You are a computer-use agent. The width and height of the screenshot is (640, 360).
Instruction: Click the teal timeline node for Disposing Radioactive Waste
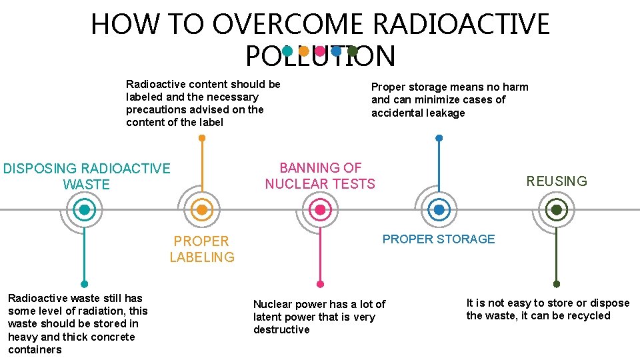click(x=85, y=210)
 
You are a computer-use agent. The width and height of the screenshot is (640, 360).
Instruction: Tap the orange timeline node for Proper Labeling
click(x=202, y=210)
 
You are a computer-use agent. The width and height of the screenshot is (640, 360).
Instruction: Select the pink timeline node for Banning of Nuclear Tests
click(x=320, y=210)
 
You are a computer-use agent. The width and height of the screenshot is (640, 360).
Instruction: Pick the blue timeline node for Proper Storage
click(x=439, y=210)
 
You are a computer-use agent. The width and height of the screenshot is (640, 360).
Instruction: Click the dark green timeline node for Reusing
click(x=557, y=210)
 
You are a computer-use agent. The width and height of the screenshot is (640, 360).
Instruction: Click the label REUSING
click(x=557, y=181)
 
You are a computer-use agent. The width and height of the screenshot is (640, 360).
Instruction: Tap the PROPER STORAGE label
click(x=439, y=239)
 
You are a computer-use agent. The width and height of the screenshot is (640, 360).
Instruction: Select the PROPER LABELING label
click(x=202, y=249)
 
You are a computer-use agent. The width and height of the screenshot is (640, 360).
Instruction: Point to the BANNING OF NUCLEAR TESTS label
click(x=320, y=176)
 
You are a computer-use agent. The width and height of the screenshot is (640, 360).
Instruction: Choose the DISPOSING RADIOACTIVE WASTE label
click(x=87, y=176)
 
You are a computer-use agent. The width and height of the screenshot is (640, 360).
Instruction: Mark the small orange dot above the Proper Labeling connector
click(x=202, y=139)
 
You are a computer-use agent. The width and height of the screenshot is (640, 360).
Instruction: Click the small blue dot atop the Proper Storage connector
click(x=439, y=138)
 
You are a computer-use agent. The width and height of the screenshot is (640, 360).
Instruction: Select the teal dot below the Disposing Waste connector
click(x=85, y=283)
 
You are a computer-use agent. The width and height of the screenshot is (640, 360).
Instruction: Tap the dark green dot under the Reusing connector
click(x=557, y=283)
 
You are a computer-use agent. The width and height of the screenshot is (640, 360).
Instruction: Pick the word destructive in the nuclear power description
click(x=281, y=329)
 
